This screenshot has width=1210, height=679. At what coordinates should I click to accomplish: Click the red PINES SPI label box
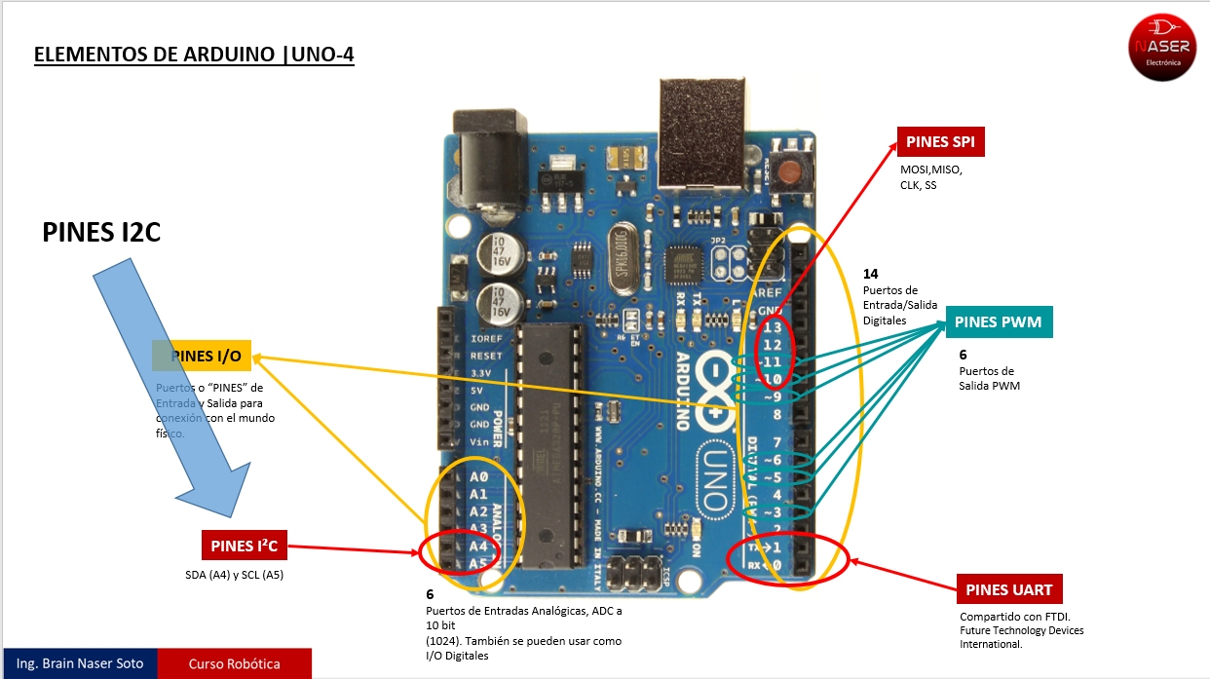[x=940, y=142]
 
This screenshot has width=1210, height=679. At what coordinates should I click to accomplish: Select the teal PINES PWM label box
[x=998, y=322]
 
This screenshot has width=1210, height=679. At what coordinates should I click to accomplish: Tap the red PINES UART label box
[x=1008, y=590]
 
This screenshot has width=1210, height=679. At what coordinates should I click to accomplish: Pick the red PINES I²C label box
[x=245, y=547]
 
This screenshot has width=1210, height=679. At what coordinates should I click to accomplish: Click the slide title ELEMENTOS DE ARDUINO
[x=194, y=55]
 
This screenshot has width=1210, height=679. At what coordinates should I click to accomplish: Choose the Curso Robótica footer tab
[x=234, y=664]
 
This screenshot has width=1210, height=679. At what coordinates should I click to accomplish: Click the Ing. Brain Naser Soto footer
[x=79, y=664]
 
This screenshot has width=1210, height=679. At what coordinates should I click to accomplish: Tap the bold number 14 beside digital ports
[x=871, y=274]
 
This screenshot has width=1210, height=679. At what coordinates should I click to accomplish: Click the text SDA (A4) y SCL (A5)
[x=234, y=575]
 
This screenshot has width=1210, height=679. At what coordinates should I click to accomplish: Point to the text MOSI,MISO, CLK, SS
[x=930, y=177]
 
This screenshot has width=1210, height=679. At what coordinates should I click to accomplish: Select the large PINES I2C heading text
[x=101, y=232]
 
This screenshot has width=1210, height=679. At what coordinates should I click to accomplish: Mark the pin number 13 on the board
[x=773, y=326]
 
